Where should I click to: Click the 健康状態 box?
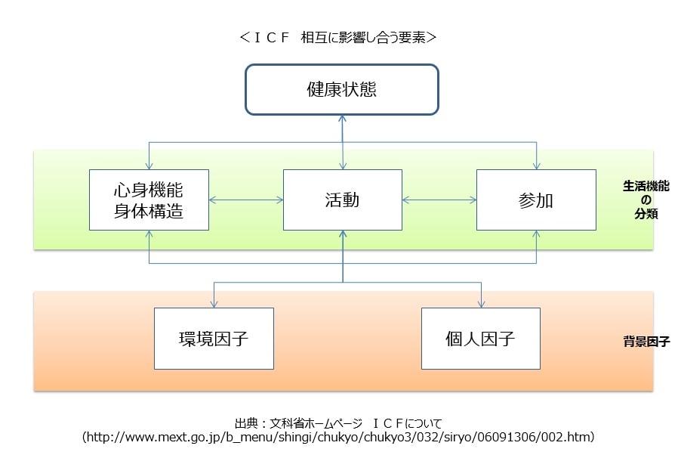[x=342, y=89]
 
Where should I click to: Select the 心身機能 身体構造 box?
[x=149, y=200]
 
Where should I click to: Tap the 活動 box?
[x=342, y=200]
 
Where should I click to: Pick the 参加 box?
[x=536, y=200]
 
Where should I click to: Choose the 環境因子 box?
[x=214, y=338]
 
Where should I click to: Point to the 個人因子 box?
[x=480, y=338]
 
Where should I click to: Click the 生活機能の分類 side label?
[x=646, y=199]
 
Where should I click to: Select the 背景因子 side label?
[x=646, y=341]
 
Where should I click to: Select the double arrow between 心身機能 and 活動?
[x=246, y=200]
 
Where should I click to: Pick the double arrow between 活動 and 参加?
[x=439, y=200]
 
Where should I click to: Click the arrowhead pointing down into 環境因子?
[x=214, y=304]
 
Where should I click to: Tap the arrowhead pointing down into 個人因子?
[x=480, y=304]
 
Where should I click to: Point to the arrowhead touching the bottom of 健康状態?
[x=343, y=119]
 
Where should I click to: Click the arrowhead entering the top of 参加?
[x=536, y=166]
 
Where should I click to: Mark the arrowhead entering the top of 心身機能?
[x=149, y=166]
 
